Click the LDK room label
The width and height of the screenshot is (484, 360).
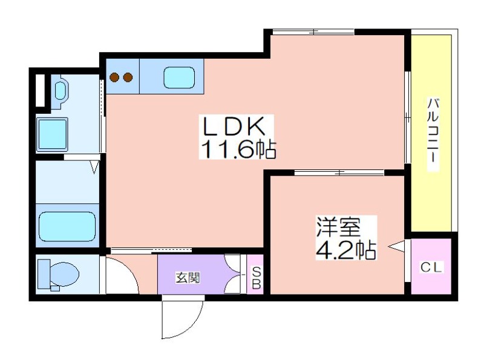tap(234, 126)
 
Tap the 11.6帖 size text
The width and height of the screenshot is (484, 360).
tap(238, 149)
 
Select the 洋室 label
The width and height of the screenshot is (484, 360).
tap(338, 227)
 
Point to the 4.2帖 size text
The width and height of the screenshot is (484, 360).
tap(345, 250)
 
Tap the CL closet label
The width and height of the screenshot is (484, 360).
tap(431, 267)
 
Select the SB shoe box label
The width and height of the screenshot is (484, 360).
tap(257, 278)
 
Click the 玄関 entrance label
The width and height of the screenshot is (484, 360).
tap(188, 278)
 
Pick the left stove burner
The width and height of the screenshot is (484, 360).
tap(115, 77)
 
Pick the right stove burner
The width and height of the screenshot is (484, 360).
tap(128, 77)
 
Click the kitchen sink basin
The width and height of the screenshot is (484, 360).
tap(179, 77)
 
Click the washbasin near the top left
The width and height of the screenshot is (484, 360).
tap(61, 90)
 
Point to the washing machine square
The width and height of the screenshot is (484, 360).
tap(52, 135)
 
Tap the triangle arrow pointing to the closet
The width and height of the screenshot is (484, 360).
tap(396, 246)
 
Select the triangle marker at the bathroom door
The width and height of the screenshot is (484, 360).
tap(94, 166)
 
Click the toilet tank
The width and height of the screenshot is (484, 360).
tap(44, 274)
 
